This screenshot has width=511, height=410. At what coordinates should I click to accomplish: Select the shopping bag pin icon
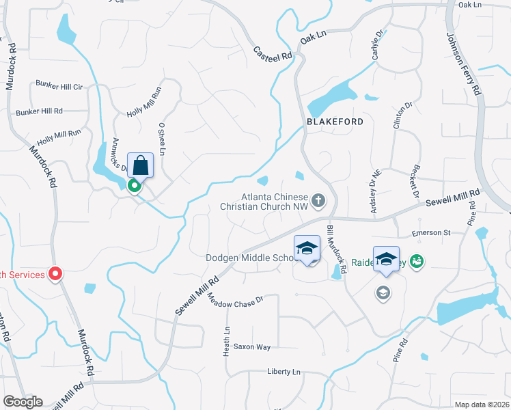pos(140,165)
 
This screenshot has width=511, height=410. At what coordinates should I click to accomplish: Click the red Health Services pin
pos(55,274)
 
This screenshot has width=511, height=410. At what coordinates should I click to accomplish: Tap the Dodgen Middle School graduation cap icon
pos(307,248)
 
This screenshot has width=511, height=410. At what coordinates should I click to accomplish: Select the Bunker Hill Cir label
pos(59,87)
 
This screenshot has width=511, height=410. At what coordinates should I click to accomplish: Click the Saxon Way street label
pos(252,347)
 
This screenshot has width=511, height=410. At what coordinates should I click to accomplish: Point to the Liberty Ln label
pos(284,372)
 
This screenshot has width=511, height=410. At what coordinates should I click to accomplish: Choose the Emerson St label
pos(431,233)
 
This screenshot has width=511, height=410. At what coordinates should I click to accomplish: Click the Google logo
pos(23,402)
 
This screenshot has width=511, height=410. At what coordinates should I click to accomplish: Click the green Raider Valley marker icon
pos(417,260)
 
